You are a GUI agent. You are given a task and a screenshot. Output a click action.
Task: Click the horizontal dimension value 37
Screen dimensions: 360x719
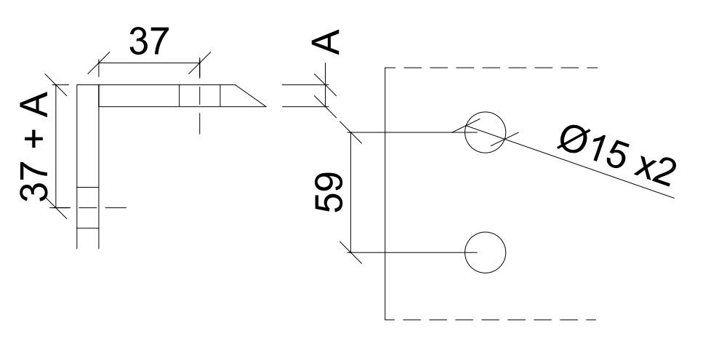coord(149,43)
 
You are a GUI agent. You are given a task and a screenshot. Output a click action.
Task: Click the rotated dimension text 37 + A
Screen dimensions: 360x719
coord(34,148)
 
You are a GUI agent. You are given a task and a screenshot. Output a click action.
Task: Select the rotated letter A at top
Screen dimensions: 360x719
coord(327,42)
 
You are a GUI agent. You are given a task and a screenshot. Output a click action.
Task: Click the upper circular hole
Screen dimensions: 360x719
coord(485,134)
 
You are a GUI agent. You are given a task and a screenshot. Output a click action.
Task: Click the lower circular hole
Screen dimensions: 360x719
coord(485,252)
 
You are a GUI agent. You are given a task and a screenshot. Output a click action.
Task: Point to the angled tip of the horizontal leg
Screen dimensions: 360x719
coord(251,97)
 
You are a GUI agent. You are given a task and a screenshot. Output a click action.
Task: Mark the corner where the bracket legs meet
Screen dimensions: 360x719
coord(87,95)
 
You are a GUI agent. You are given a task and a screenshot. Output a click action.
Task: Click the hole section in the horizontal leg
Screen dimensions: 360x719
coord(199,95)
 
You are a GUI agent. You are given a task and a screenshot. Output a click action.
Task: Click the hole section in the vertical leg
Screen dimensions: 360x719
coord(87,207)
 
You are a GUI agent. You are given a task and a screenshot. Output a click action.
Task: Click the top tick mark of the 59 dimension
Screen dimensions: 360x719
coord(352,133)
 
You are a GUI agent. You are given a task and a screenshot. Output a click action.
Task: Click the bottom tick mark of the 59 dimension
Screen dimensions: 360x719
coord(352,252)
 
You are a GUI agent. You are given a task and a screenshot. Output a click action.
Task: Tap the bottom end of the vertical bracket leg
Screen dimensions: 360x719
coord(87,246)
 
